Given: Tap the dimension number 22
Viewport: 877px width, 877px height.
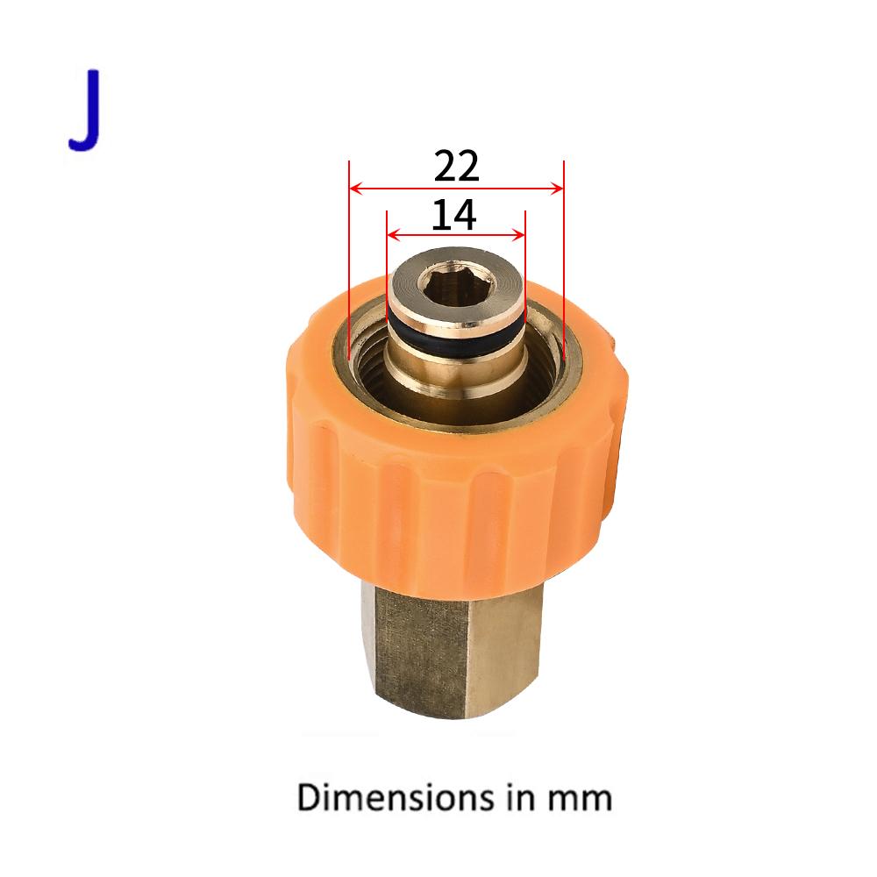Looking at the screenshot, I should click(456, 166).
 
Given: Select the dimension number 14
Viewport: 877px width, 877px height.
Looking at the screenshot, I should click(453, 215).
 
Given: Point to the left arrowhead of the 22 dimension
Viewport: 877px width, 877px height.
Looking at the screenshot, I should click(354, 188).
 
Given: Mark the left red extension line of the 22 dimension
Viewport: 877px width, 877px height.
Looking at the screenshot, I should click(349, 263).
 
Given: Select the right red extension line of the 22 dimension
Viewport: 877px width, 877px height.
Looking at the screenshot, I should click(563, 263).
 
